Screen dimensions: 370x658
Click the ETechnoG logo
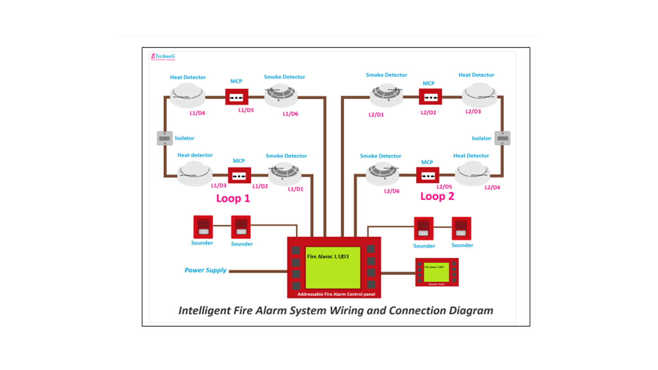pos(163,57)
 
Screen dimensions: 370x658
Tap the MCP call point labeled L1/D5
pos(236,97)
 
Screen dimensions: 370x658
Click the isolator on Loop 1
pos(165,138)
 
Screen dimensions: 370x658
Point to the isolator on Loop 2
pos(502,138)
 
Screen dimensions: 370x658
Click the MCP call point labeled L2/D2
pos(430,97)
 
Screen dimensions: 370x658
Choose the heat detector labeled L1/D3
pos(195,174)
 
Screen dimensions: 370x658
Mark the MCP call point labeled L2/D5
pos(428,176)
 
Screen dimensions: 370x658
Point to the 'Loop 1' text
pos(233,199)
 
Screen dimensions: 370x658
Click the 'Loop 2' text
pos(437,197)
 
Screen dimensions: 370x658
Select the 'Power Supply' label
pos(205,270)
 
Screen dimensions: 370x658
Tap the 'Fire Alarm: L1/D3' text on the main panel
pos(328,257)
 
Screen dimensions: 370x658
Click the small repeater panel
pos(437,272)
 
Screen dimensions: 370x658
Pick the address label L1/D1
pos(295,189)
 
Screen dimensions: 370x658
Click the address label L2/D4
pos(492,187)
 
